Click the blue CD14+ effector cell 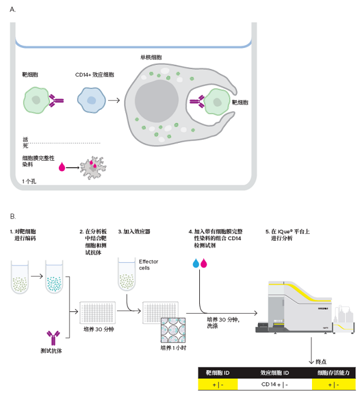point(91,100)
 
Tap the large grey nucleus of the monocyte point(157,101)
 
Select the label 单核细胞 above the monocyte point(151,58)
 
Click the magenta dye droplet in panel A point(62,167)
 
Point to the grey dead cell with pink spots point(93,168)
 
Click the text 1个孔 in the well point(29,181)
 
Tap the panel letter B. point(13,217)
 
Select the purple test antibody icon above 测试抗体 point(53,338)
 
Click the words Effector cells point(149,265)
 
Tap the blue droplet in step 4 point(196,263)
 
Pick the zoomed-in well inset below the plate point(173,330)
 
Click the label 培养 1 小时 point(173,348)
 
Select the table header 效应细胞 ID point(275,373)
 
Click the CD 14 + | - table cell point(275,385)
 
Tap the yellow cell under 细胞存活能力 point(334,385)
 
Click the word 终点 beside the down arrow point(321,362)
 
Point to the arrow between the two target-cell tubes point(37,276)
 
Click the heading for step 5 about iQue point(287,235)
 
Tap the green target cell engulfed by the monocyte point(217,102)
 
